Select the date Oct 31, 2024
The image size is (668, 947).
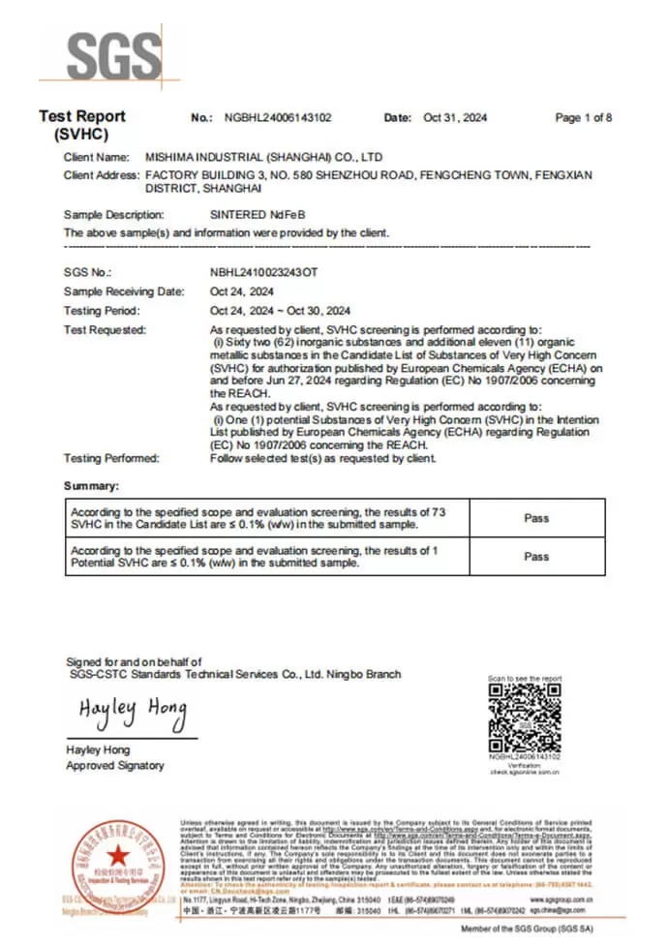tap(455, 118)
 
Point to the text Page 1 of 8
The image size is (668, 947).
tap(583, 118)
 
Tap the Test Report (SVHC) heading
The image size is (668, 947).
tap(82, 125)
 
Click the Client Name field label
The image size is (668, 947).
tap(96, 156)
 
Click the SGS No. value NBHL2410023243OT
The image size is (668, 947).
tap(263, 273)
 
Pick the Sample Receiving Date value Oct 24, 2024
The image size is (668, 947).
tap(242, 291)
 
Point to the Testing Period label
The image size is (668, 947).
tap(102, 311)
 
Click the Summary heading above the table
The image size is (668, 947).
tap(91, 485)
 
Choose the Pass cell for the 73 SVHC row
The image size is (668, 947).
tap(536, 518)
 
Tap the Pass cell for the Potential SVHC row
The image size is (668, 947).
tap(536, 557)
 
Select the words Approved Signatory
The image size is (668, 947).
tap(114, 766)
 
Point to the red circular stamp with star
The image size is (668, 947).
tap(116, 856)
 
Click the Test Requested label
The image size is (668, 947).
tap(105, 330)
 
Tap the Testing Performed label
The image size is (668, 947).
tap(110, 458)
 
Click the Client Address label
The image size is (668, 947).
tap(102, 175)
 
